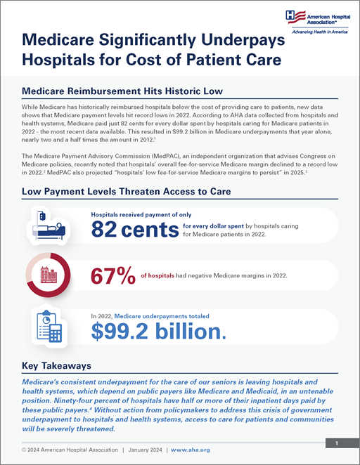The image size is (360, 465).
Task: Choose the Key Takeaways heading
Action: tap(56, 365)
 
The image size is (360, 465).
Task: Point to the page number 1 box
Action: tap(337, 444)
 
